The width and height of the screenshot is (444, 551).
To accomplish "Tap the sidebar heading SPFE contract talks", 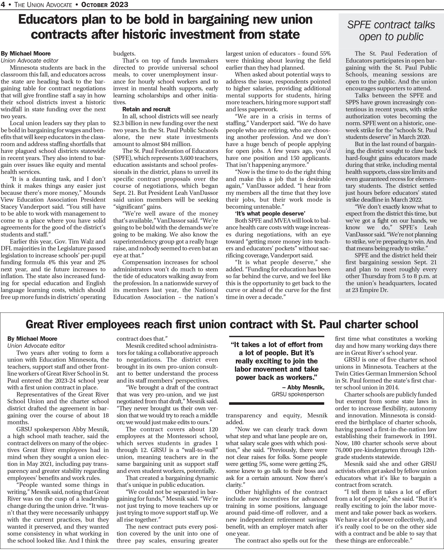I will coord(391,25).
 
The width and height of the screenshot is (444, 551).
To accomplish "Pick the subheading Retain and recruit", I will coord(146,109).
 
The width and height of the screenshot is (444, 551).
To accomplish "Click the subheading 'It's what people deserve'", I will coord(270,213).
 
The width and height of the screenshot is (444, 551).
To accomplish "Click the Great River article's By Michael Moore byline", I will coord(32,339).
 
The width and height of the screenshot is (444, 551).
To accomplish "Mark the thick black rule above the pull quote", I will coord(277,336).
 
